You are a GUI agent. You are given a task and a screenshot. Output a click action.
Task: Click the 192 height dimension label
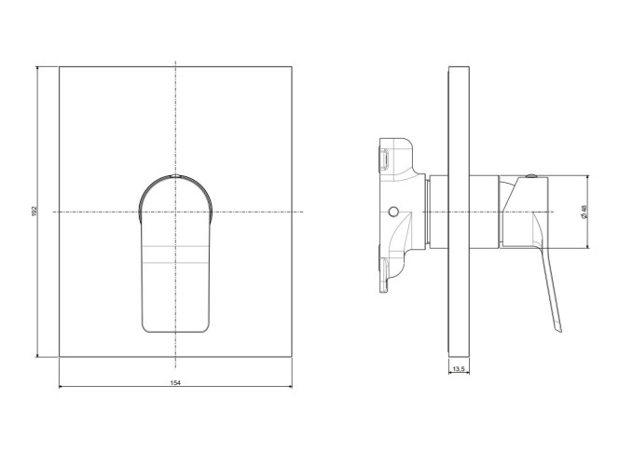coord(34,211)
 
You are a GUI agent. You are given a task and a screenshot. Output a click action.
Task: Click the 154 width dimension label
coord(175,382)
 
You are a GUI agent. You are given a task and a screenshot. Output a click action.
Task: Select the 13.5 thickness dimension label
coord(459,369)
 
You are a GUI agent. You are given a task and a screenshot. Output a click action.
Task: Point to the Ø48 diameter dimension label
coord(584,212)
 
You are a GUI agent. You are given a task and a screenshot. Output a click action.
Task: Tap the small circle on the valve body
coord(392,212)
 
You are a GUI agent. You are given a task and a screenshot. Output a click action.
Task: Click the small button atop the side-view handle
coord(531,175)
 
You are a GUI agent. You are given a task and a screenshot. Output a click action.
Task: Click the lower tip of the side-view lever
coord(559,330)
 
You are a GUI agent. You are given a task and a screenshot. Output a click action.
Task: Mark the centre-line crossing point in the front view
coord(175,212)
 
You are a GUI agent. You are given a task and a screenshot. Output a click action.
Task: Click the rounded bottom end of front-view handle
coord(175,332)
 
